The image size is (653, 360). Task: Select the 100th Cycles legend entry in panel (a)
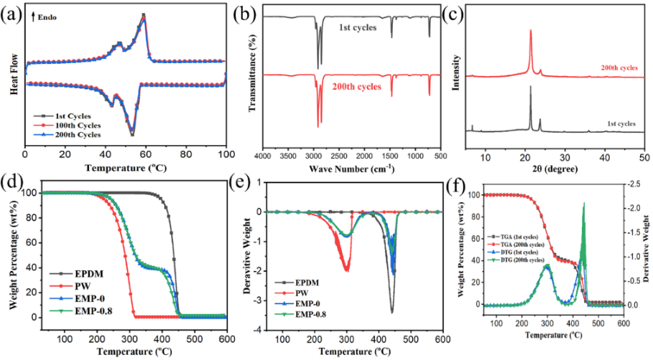pyautogui.click(x=68, y=124)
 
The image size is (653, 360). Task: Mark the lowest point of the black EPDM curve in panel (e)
pyautogui.click(x=392, y=311)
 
